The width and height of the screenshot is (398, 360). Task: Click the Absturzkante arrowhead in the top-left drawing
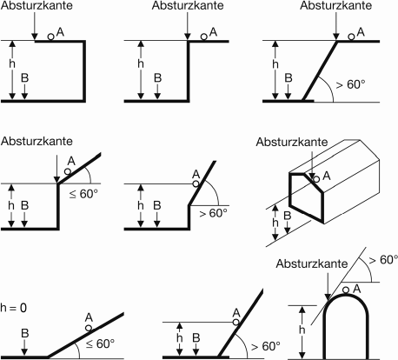[33, 39]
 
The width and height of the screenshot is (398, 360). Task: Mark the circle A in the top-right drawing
[353, 36]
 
